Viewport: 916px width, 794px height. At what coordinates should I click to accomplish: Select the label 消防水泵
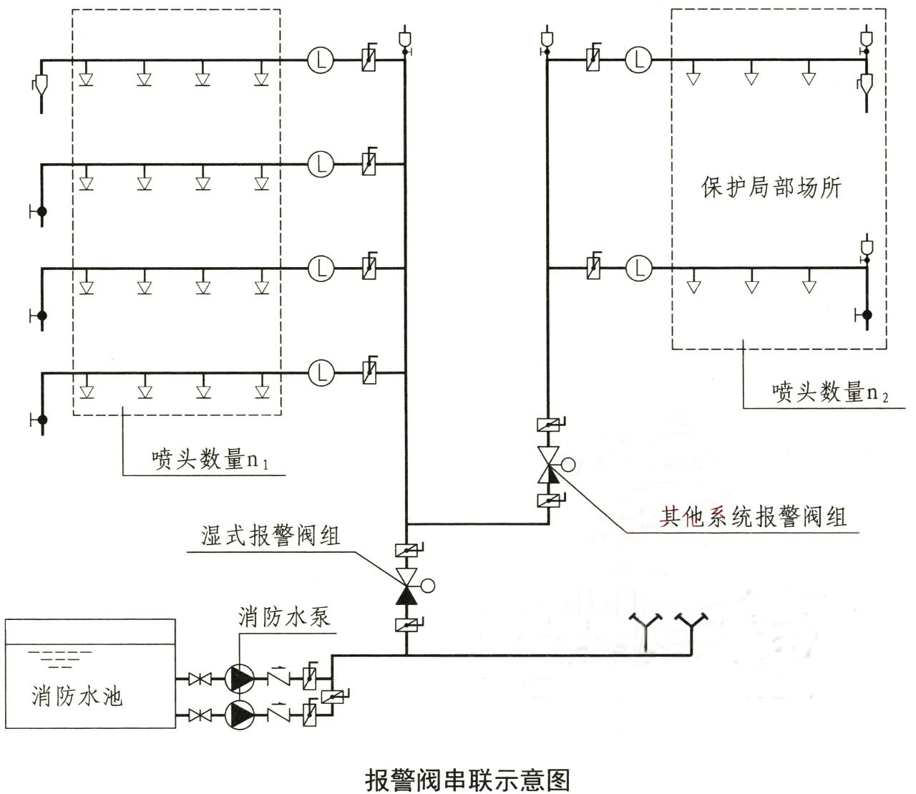click(285, 616)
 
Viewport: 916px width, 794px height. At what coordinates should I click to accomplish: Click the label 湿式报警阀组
click(271, 536)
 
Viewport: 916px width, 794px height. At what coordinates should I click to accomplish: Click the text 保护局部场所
click(771, 188)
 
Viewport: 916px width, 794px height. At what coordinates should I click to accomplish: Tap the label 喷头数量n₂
click(829, 392)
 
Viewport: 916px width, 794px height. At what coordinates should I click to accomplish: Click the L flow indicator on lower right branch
click(638, 268)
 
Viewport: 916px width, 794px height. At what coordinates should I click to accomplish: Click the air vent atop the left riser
click(405, 38)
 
